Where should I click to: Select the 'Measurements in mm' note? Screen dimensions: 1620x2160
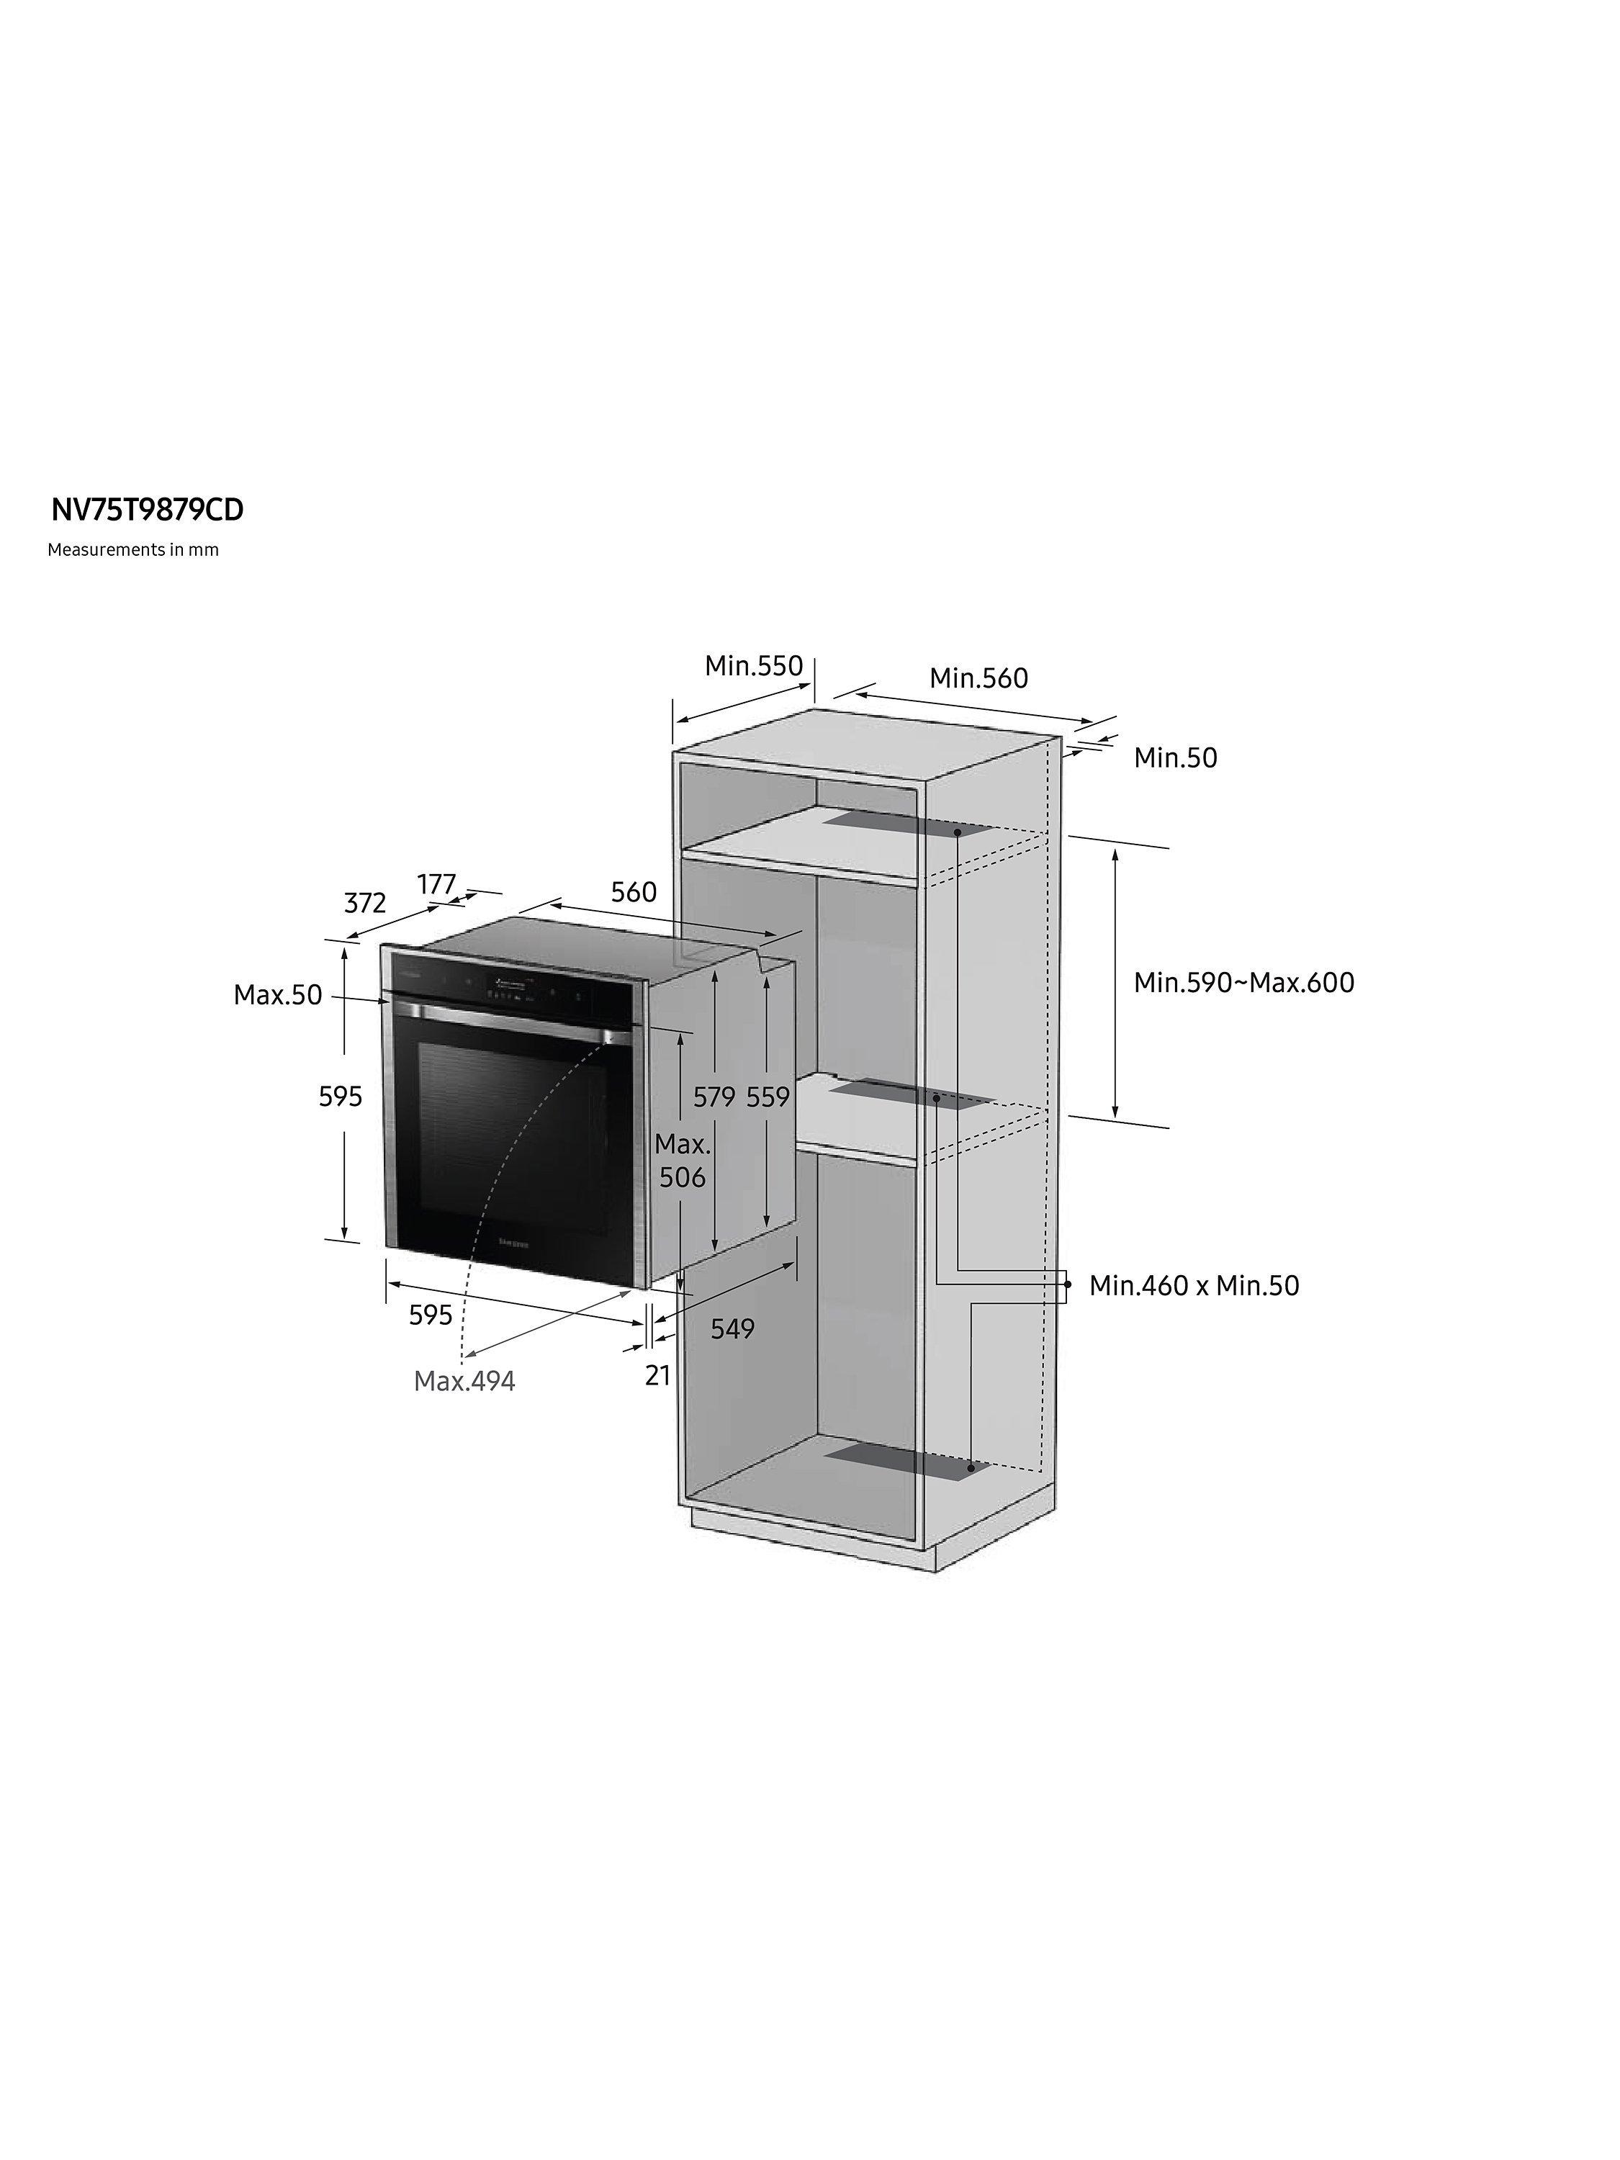pos(132,550)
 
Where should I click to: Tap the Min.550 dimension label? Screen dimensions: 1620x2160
pos(754,666)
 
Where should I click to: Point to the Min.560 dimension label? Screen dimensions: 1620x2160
pos(978,678)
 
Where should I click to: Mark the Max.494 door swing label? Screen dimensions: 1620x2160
pos(465,1381)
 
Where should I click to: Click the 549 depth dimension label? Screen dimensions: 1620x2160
pos(732,1329)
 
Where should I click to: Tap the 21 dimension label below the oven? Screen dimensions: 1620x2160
pos(658,1375)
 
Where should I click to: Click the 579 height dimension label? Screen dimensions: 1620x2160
pos(714,1097)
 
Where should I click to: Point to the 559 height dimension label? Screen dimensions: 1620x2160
pos(768,1097)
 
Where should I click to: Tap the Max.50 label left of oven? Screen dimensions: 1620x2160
pos(277,995)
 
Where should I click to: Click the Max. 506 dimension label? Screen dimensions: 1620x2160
pos(683,1160)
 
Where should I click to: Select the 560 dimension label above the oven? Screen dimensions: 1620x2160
pos(634,891)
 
